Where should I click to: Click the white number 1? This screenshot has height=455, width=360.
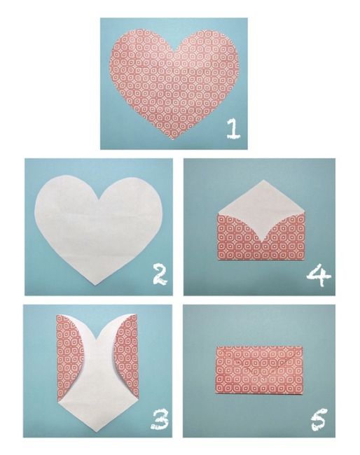(x=234, y=129)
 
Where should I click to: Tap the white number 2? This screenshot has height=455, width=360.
(x=159, y=275)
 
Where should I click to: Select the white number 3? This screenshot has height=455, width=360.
(x=160, y=419)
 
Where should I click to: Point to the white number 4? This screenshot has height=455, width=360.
(x=319, y=275)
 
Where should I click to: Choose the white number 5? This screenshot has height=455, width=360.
(x=319, y=419)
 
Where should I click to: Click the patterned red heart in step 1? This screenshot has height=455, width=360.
(x=174, y=84)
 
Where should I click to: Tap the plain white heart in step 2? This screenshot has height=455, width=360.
(x=99, y=229)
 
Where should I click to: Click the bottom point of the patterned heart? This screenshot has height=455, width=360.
(x=174, y=139)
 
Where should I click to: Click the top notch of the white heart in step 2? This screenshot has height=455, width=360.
(x=99, y=199)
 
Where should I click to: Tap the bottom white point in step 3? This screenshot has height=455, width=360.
(x=96, y=428)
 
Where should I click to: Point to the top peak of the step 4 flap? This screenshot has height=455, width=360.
(x=263, y=180)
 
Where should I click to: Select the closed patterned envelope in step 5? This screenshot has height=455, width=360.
(x=260, y=370)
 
